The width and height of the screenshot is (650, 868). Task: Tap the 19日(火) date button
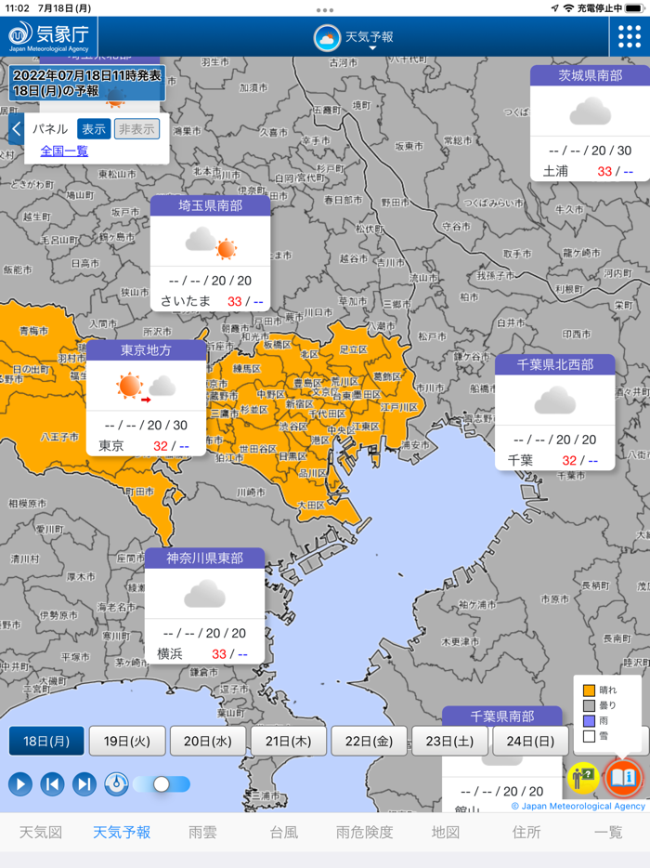127,741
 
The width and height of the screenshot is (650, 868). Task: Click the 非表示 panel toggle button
136,129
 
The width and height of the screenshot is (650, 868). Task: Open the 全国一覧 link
64,150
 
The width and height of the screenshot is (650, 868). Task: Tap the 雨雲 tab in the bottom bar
202,832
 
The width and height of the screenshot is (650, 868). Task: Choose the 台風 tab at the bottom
284,832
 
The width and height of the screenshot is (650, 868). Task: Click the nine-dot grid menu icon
630,36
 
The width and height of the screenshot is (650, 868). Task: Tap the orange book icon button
622,777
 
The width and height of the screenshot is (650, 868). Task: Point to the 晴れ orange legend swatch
588,690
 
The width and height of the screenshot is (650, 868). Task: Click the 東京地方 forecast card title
146,350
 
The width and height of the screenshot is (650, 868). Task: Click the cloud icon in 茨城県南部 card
590,112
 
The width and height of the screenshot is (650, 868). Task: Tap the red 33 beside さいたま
234,301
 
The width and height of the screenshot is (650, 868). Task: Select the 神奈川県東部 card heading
204,559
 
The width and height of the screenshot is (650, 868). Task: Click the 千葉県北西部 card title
554,364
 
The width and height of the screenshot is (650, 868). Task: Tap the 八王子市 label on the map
59,435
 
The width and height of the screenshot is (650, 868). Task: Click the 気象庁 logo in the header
48,36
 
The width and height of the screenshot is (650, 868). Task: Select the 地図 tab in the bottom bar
446,832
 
